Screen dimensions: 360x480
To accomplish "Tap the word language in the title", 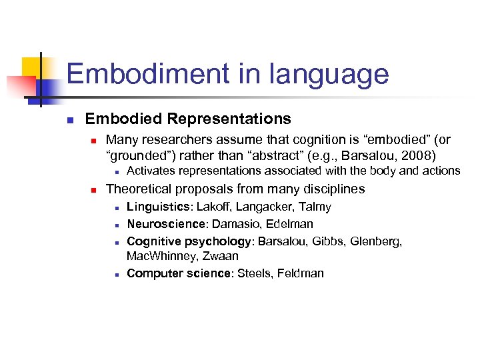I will pos(327,73).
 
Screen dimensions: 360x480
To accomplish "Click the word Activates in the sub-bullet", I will pos(149,171).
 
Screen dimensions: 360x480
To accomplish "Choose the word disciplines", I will pos(332,189).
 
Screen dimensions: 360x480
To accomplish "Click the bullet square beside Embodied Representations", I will pos(69,120).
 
